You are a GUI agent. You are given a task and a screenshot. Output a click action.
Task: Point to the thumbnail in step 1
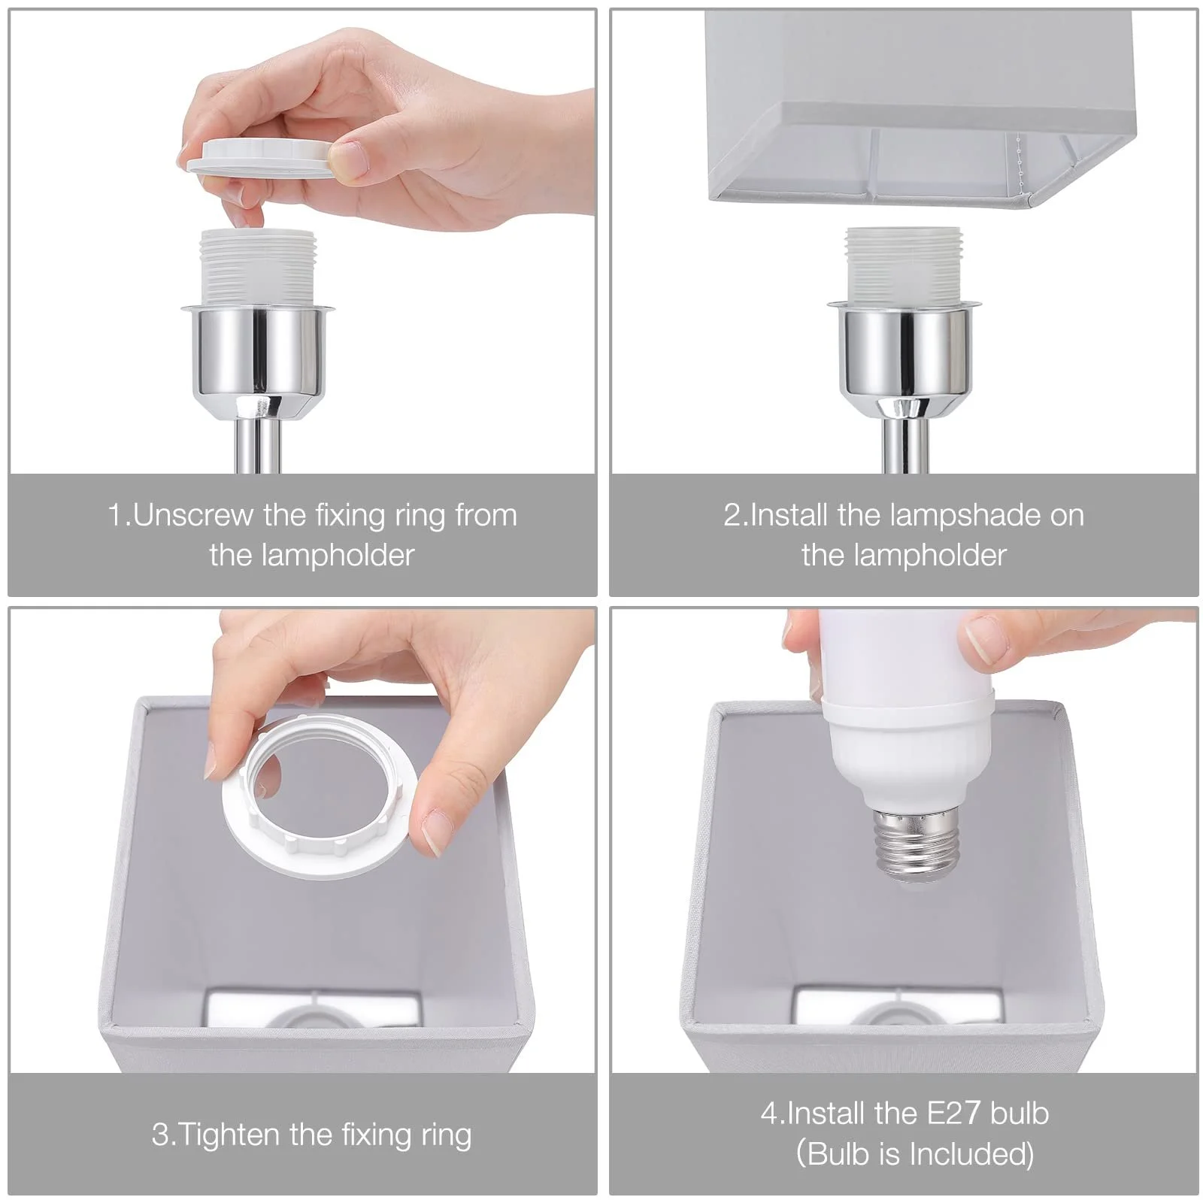pyautogui.click(x=349, y=159)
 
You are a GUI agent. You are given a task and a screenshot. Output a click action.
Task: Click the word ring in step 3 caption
pyautogui.click(x=446, y=1134)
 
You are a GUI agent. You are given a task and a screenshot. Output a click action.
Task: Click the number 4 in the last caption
pyautogui.click(x=769, y=1114)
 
